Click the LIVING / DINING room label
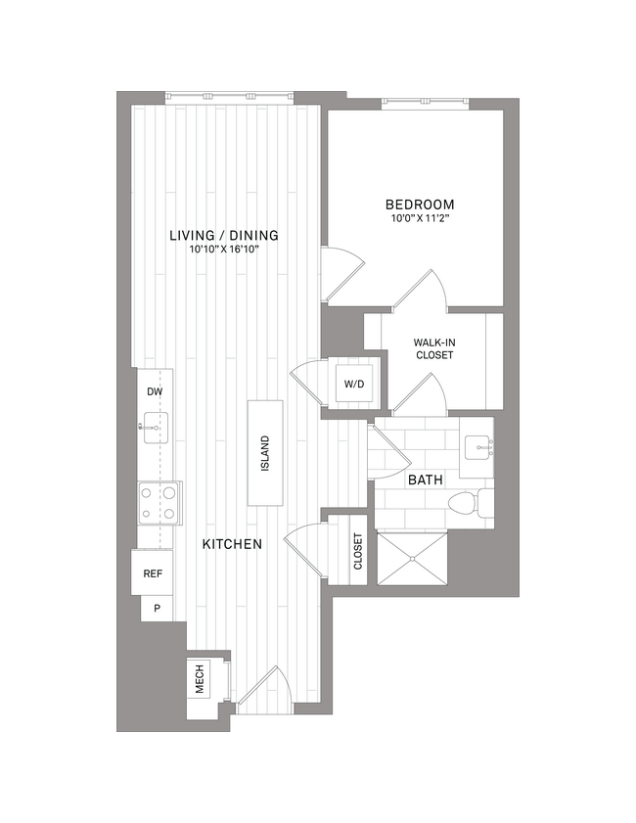tap(224, 235)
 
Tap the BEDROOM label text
tap(420, 205)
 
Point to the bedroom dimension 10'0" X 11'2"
tap(420, 219)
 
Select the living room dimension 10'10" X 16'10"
tap(224, 251)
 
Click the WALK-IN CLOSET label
tap(432, 348)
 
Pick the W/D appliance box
tap(353, 384)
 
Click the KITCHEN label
tap(232, 544)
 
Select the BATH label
tap(425, 480)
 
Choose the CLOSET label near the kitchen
tap(358, 550)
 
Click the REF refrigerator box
tap(153, 573)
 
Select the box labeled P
tap(156, 609)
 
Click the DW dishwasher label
tap(154, 391)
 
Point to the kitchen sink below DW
tap(155, 427)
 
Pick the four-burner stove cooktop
tap(158, 502)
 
